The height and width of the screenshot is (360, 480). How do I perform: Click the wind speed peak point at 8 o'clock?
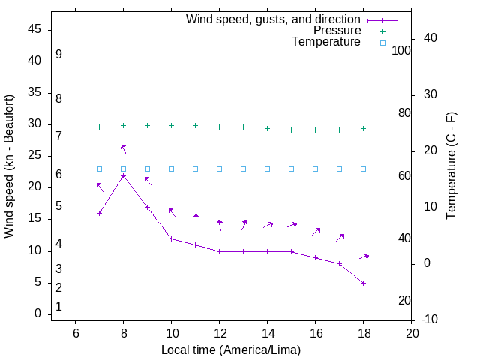click(124, 176)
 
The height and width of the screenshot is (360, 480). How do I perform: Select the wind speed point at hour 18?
click(364, 283)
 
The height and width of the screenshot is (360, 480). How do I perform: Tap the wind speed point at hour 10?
click(172, 238)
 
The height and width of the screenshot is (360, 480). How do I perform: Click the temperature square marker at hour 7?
click(100, 169)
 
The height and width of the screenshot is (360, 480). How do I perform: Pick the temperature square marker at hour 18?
click(364, 169)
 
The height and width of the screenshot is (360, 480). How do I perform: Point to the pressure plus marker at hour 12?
click(220, 127)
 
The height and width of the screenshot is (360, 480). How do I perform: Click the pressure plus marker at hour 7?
click(100, 127)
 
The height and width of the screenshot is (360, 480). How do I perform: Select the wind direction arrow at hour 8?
click(124, 149)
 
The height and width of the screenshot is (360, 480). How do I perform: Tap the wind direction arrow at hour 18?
click(364, 257)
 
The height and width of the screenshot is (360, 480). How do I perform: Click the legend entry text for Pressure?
click(337, 31)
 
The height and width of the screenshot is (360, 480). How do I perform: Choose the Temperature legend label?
click(326, 42)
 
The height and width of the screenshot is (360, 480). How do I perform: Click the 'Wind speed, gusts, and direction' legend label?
click(274, 19)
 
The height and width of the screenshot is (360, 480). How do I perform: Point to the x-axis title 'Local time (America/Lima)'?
click(231, 349)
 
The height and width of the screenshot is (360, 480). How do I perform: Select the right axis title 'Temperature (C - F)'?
click(451, 166)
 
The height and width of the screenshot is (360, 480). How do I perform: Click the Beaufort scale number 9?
click(58, 55)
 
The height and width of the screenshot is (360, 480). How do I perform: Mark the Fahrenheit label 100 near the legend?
click(401, 50)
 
